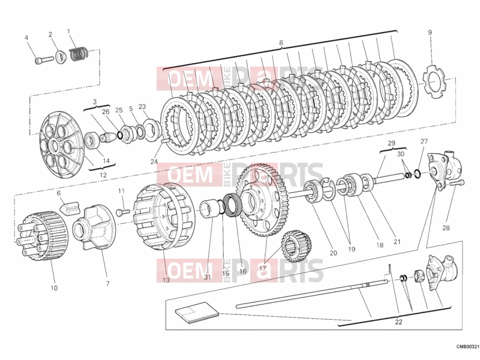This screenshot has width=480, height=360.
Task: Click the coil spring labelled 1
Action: click(79, 53)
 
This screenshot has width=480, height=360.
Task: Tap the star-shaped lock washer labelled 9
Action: click(433, 82)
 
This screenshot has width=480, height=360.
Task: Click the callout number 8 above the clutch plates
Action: click(281, 43)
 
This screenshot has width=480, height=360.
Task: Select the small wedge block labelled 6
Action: click(70, 206)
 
